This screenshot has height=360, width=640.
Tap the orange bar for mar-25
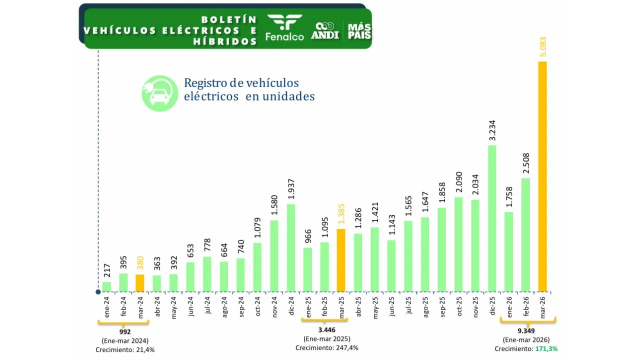click(340, 260)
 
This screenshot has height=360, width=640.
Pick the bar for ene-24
click(106, 286)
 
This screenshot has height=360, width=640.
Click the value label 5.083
click(542, 48)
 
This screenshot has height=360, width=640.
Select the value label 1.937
click(290, 190)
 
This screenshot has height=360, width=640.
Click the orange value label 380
click(140, 263)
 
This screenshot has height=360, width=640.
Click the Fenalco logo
click(284, 28)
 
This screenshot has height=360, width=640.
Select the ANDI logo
click(325, 30)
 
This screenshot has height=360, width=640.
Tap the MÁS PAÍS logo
click(359, 30)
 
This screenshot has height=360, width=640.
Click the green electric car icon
click(159, 93)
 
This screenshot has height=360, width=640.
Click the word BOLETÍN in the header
click(229, 20)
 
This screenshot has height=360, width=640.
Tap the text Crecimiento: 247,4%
click(326, 348)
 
